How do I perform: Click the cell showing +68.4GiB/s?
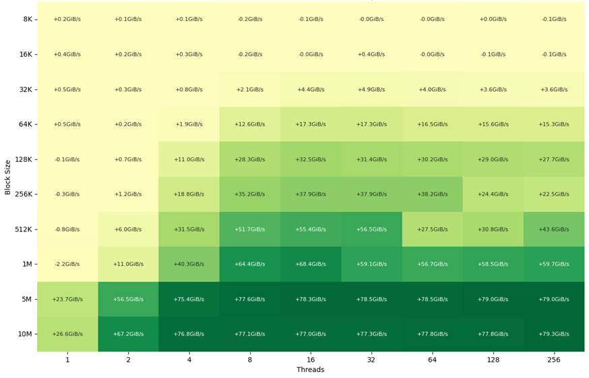pyautogui.click(x=311, y=264)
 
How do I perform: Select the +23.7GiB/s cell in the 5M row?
pyautogui.click(x=67, y=299)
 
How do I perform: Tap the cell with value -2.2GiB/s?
pyautogui.click(x=67, y=264)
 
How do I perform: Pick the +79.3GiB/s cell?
pyautogui.click(x=554, y=334)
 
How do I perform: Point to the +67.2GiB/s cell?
pyautogui.click(x=129, y=334)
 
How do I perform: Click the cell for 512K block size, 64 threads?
pyautogui.click(x=433, y=229)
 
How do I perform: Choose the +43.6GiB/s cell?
pyautogui.click(x=554, y=229)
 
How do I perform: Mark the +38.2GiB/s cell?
pyautogui.click(x=433, y=194)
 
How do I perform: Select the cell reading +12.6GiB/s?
pyautogui.click(x=250, y=124)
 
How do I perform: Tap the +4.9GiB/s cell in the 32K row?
pyautogui.click(x=371, y=90)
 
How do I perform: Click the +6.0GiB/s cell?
pyautogui.click(x=129, y=229)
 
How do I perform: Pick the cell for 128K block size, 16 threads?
pyautogui.click(x=311, y=159)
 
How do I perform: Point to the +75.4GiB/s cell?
pyautogui.click(x=189, y=299)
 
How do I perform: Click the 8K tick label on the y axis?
pyautogui.click(x=28, y=19)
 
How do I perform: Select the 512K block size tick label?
pyautogui.click(x=24, y=229)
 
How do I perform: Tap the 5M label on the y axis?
pyautogui.click(x=27, y=299)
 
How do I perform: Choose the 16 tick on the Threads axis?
pyautogui.click(x=311, y=360)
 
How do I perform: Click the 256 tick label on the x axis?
pyautogui.click(x=554, y=360)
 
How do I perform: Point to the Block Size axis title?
pyautogui.click(x=7, y=177)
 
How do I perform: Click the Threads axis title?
pyautogui.click(x=310, y=369)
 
